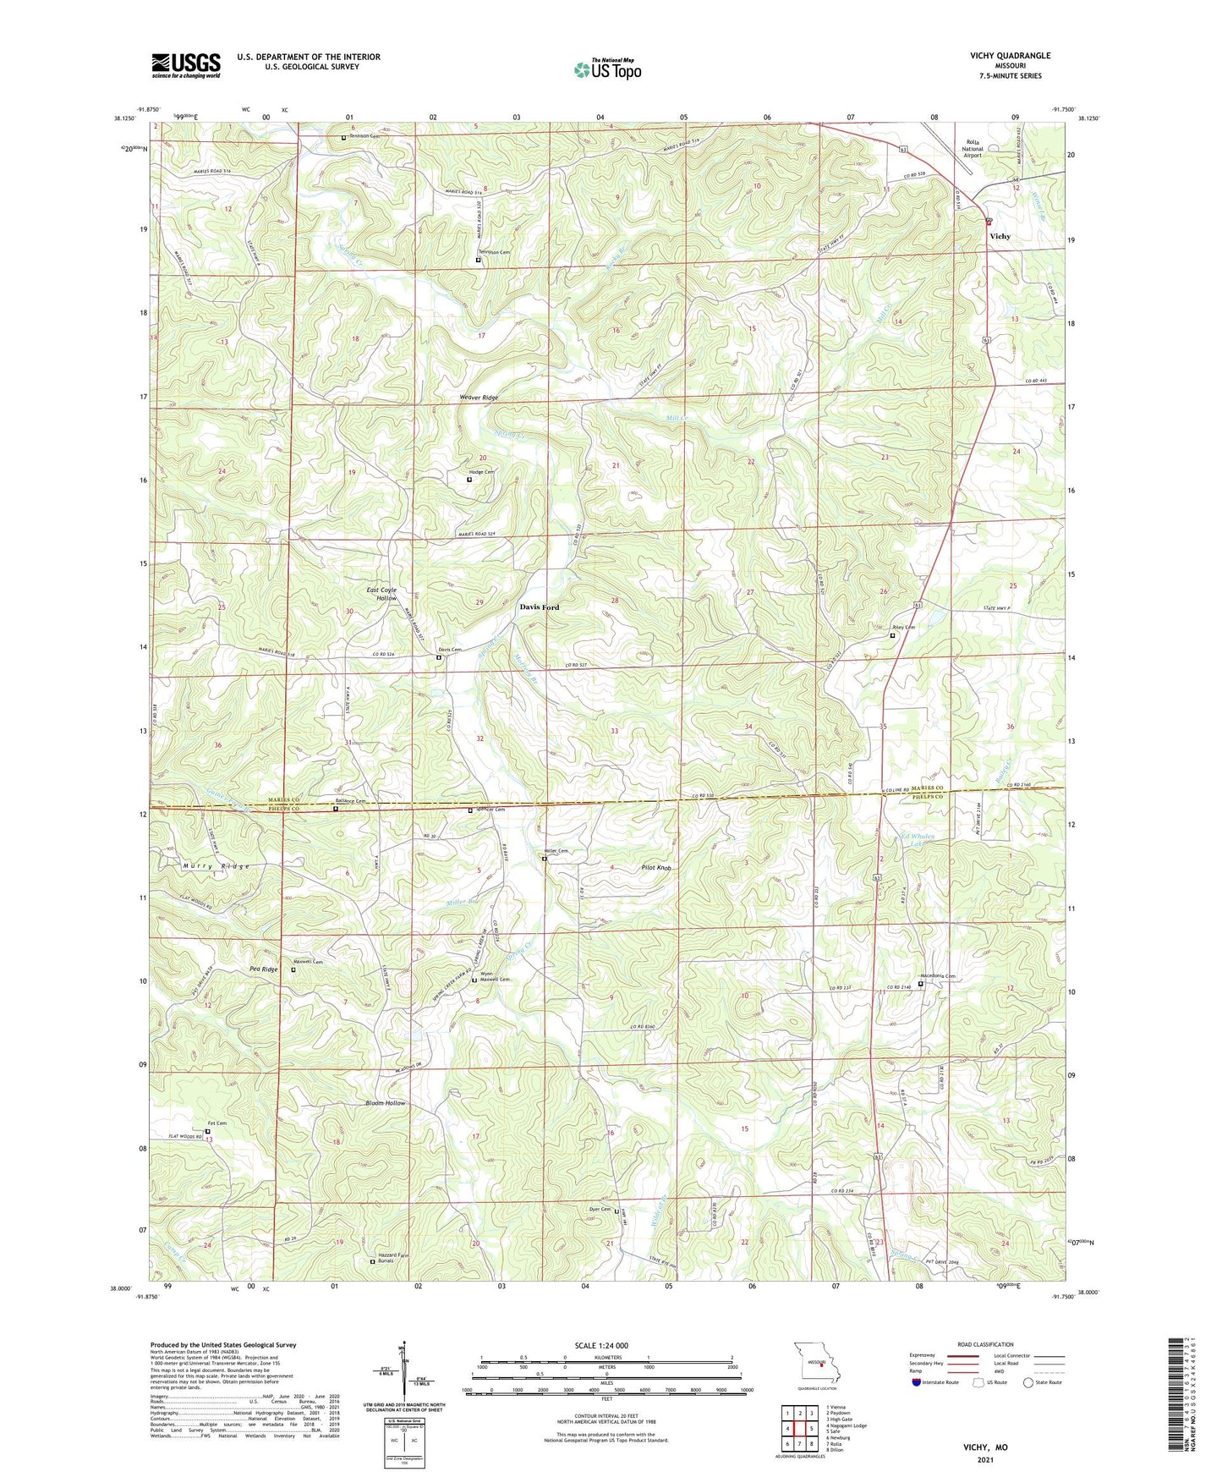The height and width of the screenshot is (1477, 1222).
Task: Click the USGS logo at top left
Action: [x=186, y=64]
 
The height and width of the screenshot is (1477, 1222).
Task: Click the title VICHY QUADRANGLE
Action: [x=1010, y=56]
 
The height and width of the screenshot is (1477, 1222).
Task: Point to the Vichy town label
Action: [x=1000, y=237]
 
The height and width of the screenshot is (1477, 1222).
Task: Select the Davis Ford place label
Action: [x=539, y=607]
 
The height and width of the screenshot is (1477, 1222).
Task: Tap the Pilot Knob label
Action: [x=656, y=869]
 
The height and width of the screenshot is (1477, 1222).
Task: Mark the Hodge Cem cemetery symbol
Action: [x=469, y=480]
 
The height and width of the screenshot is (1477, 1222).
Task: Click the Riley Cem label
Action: [x=903, y=628]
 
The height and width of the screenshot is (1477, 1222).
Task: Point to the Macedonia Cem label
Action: [x=937, y=976]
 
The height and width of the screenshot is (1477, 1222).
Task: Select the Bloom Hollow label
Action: [x=385, y=1103]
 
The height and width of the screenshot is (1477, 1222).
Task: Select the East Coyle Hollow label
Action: [x=381, y=594]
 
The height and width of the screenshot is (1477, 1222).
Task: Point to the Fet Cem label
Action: [x=216, y=1123]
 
